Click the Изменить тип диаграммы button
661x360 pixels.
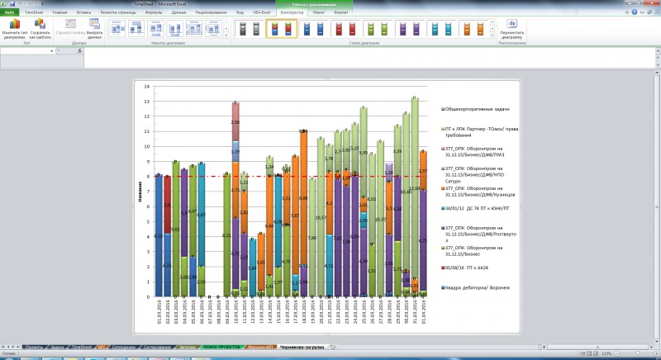[x=14, y=31]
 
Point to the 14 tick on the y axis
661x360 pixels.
[x=146, y=87]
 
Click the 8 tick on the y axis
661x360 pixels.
[x=147, y=177]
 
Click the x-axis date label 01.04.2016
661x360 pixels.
[x=424, y=315]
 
